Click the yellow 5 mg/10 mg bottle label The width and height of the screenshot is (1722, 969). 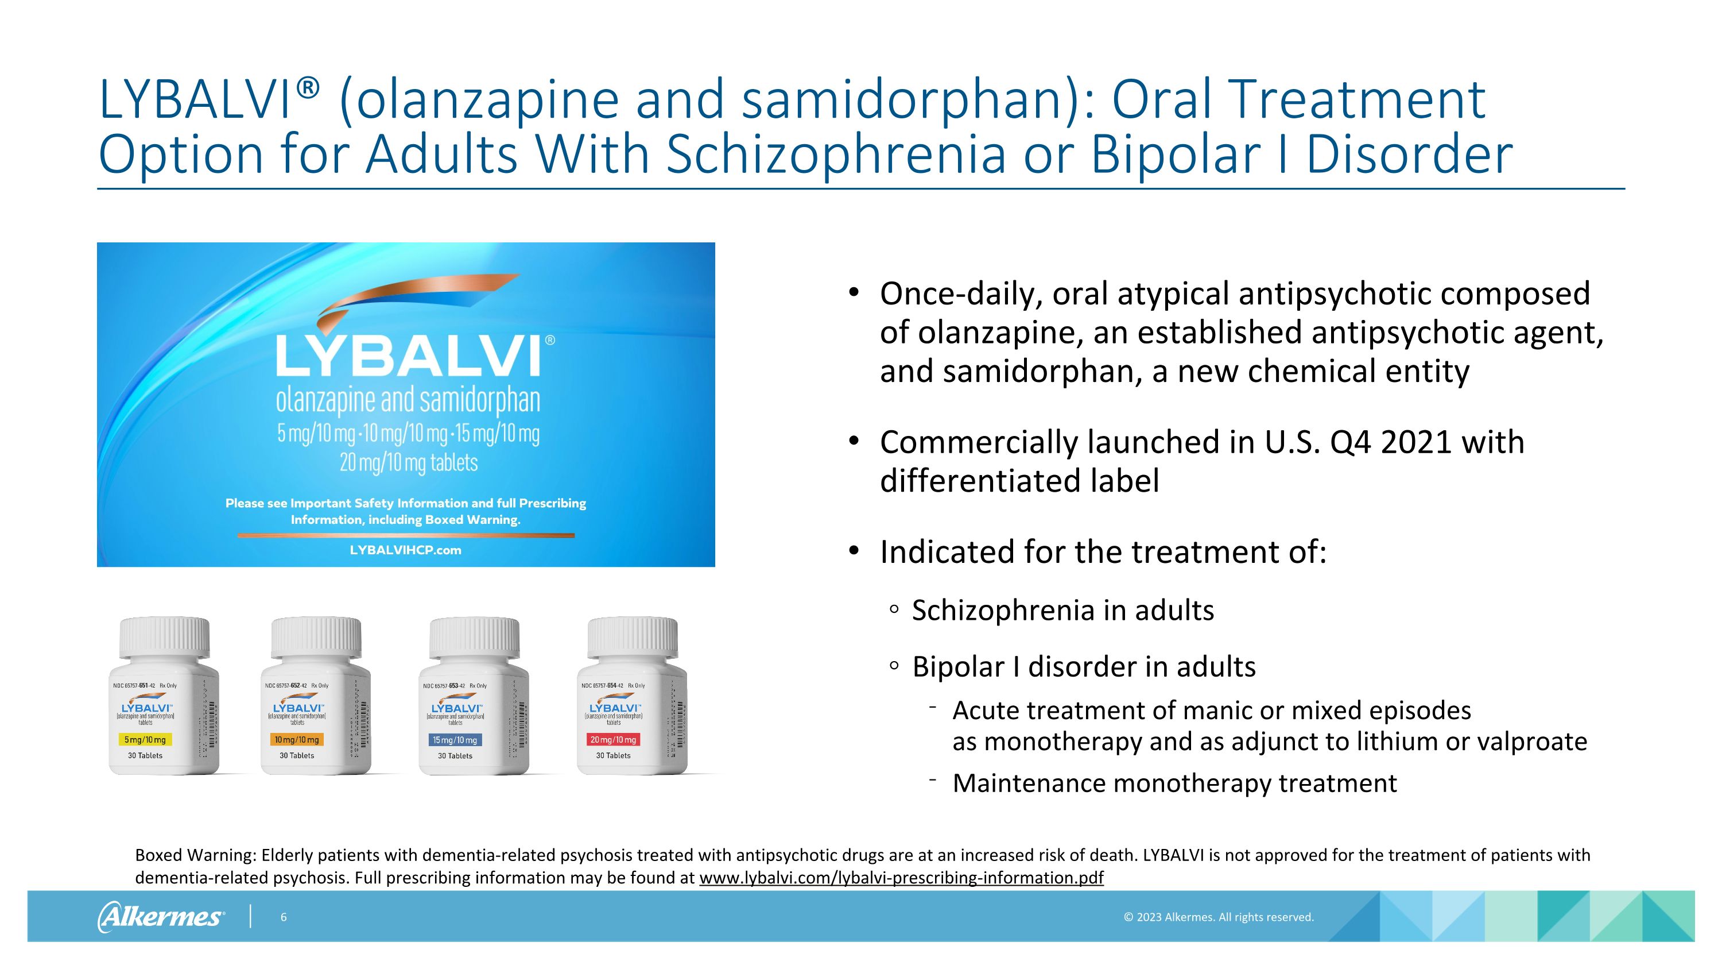(145, 740)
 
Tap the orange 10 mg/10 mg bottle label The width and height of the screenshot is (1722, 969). (297, 740)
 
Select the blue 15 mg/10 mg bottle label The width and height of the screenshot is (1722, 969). (455, 740)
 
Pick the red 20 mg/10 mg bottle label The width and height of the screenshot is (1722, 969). (613, 740)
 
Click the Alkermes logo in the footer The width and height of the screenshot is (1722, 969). (161, 916)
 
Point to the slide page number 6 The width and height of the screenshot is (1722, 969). (284, 917)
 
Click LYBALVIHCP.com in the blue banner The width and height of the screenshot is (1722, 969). (405, 550)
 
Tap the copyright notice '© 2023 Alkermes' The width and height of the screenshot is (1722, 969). (1218, 917)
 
